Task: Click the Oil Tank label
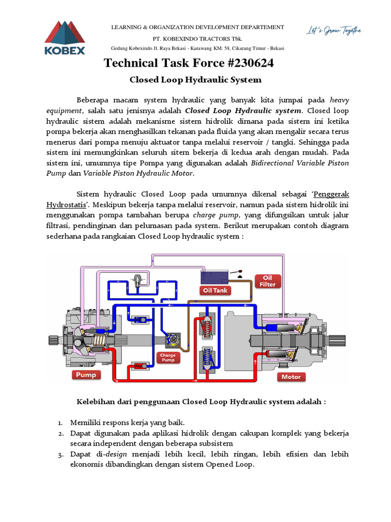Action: pyautogui.click(x=215, y=291)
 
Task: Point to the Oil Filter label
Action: pyautogui.click(x=268, y=281)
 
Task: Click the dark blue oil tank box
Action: pyautogui.click(x=216, y=277)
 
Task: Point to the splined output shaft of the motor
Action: pyautogui.click(x=341, y=340)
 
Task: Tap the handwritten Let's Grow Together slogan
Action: pyautogui.click(x=333, y=30)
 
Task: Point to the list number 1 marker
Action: pyautogui.click(x=60, y=423)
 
